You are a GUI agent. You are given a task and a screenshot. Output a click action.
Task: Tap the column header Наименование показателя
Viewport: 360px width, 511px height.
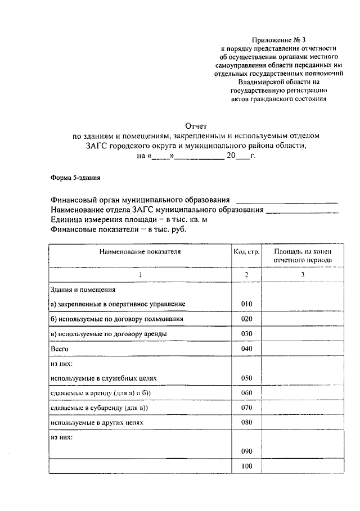pyautogui.click(x=140, y=252)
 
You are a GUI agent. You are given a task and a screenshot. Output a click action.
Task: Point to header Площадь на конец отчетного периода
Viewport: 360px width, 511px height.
pyautogui.click(x=302, y=256)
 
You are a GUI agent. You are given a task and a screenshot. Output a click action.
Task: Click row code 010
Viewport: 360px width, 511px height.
pyautogui.click(x=246, y=304)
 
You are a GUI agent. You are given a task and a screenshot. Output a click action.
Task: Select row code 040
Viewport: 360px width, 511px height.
pyautogui.click(x=246, y=349)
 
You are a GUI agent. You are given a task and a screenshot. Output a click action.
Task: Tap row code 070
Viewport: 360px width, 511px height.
pyautogui.click(x=246, y=407)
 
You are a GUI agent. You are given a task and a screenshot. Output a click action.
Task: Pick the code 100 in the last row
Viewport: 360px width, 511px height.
pyautogui.click(x=246, y=466)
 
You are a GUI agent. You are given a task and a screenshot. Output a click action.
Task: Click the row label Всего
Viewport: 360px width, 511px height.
pyautogui.click(x=59, y=349)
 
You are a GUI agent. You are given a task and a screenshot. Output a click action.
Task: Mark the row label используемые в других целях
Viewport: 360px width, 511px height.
pyautogui.click(x=97, y=422)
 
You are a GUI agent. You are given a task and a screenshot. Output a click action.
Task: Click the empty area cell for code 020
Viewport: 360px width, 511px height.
pyautogui.click(x=302, y=319)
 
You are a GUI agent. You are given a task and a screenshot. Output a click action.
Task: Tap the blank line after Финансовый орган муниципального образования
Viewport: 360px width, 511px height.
pyautogui.click(x=287, y=201)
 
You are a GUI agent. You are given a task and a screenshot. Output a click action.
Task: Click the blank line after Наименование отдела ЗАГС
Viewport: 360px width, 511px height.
pyautogui.click(x=301, y=211)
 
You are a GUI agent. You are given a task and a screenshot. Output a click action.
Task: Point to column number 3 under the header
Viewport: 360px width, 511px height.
pyautogui.click(x=302, y=274)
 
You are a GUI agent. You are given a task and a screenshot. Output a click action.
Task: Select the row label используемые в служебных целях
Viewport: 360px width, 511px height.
pyautogui.click(x=101, y=378)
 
